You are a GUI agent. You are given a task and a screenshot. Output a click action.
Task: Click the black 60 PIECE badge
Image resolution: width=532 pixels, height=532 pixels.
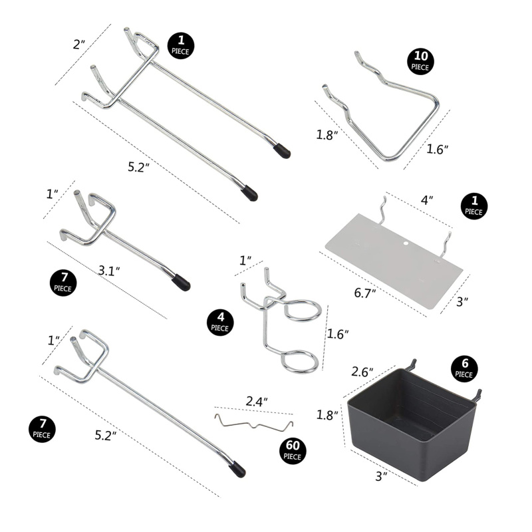coord(293,450)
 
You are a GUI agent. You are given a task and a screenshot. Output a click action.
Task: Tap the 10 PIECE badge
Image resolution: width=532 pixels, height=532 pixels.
coord(420,61)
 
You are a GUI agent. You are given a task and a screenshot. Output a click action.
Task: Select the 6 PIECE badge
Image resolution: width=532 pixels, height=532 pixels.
coord(464,368)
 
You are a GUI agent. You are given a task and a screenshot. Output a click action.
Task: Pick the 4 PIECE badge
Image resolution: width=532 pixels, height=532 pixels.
coord(220,322)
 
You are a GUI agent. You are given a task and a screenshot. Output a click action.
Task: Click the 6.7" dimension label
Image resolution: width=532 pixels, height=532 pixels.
coord(365,293)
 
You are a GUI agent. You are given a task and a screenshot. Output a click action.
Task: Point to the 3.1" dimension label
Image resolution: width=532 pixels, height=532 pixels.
coord(109,271)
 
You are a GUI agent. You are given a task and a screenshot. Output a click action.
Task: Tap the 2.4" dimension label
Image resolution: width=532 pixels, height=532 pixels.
coord(257,402)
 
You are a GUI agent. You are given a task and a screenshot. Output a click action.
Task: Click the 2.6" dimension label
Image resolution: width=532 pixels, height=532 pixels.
coord(362,372)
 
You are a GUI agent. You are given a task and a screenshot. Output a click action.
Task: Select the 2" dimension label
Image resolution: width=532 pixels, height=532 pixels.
coord(78,44)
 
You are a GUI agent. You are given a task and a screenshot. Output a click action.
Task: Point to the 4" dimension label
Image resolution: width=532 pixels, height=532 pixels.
coord(427,200)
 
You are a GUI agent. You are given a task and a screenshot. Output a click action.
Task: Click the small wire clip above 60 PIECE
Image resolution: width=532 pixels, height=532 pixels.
coord(254,423)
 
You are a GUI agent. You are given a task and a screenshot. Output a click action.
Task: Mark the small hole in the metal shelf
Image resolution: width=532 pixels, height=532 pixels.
coord(406,243)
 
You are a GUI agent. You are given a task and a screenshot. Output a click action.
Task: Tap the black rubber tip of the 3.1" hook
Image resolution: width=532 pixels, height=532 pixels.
coord(181,282)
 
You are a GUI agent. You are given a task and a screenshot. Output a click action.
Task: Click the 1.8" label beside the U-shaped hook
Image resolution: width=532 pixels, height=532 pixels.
coord(327,135)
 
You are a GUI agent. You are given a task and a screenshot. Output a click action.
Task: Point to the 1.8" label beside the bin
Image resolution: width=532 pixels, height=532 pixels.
coord(327,414)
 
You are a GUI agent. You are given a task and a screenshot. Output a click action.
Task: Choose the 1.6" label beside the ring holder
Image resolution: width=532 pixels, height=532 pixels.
coord(338,334)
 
